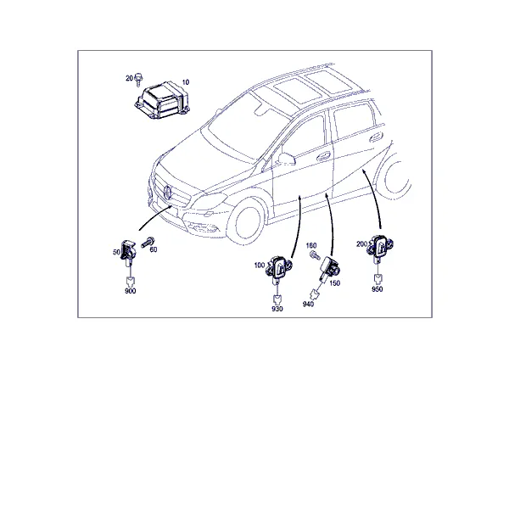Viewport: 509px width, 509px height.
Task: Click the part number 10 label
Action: click(185, 82)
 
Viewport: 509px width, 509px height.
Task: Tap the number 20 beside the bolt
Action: click(129, 78)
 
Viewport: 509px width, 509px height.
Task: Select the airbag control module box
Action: click(162, 100)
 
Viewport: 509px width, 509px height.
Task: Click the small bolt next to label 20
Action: click(138, 80)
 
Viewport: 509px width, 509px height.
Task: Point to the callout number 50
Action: click(116, 252)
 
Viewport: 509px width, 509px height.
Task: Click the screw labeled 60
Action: click(148, 243)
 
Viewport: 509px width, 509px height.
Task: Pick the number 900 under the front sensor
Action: click(130, 291)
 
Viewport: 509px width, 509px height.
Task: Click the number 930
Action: click(277, 309)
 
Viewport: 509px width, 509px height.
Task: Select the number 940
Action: click(308, 305)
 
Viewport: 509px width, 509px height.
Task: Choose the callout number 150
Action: click(335, 283)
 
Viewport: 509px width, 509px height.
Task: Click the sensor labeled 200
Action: click(380, 246)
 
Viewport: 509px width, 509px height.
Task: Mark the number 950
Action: click(378, 289)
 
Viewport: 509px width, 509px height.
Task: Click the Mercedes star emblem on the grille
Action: click(167, 192)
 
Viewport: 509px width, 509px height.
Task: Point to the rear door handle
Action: click(376, 137)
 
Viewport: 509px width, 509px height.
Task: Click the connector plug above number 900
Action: click(130, 281)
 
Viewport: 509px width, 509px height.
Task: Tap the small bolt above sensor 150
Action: click(315, 255)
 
